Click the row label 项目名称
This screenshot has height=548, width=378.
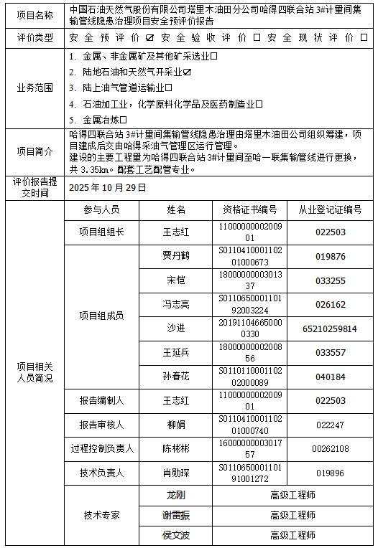(x=34, y=14)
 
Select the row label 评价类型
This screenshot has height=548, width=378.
(x=34, y=37)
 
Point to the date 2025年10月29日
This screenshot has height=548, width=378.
(x=107, y=187)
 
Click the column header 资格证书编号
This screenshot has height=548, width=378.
(x=249, y=209)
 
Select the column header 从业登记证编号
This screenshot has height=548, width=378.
(x=331, y=209)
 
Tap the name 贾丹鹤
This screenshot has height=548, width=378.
(x=175, y=256)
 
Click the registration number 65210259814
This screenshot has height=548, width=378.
(x=331, y=329)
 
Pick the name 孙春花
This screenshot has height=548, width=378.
(x=175, y=377)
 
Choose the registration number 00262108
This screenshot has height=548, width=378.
(x=331, y=449)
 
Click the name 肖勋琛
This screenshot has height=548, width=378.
(x=175, y=473)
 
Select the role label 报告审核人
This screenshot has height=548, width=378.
(x=101, y=425)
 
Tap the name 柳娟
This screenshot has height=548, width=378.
(x=175, y=425)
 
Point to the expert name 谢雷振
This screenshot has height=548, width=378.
(x=175, y=515)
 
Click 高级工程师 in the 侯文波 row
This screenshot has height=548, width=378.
(x=292, y=535)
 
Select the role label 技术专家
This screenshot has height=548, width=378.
(x=101, y=515)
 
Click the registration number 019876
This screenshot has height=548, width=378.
(x=331, y=256)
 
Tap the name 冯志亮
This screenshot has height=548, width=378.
(x=175, y=304)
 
